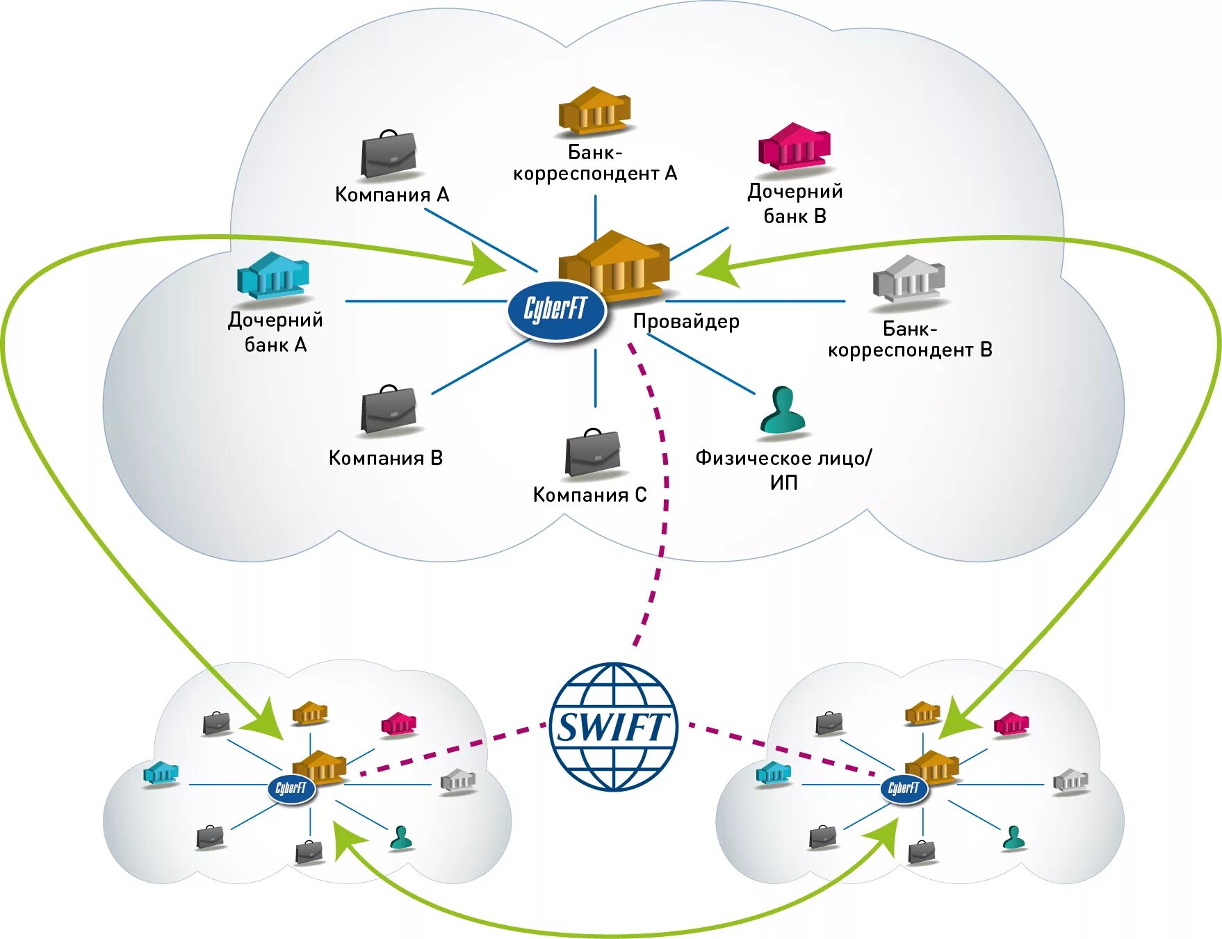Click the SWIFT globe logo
coord(612,727)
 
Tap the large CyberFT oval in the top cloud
coord(556,309)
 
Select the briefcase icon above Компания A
coord(389,155)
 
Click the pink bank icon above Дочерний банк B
coord(795,147)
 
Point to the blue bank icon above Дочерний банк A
coord(273,276)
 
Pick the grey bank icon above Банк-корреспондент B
coord(909,279)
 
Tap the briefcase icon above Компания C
coord(592,455)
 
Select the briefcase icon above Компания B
coord(389,410)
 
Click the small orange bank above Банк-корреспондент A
coord(595,110)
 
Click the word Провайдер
coord(686,321)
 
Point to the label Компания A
coord(392,195)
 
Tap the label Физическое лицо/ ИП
coord(783,470)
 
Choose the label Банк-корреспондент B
coord(910,338)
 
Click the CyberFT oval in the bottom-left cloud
coord(291,788)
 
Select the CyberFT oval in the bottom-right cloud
coord(904,788)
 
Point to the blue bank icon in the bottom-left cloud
coord(161,773)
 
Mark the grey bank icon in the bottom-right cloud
coord(1070,781)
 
